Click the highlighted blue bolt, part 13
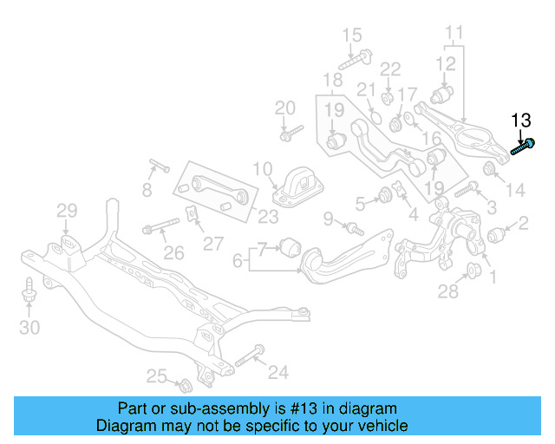tap(522, 147)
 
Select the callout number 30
tap(29, 327)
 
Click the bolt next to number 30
tap(29, 291)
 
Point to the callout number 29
tap(67, 210)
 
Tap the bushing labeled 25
tap(183, 382)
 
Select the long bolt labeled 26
tap(161, 230)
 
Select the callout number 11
tap(454, 35)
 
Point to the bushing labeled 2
tap(497, 235)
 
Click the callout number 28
tap(447, 291)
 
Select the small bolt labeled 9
tap(354, 228)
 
